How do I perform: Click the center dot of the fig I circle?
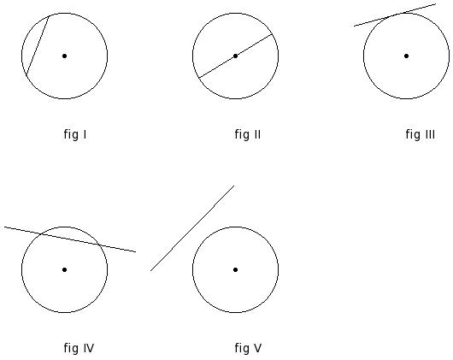tap(64, 56)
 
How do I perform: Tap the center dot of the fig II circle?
tap(235, 56)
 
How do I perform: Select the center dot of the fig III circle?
tap(406, 56)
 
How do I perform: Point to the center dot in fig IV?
tap(64, 270)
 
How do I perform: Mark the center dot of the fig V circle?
tap(235, 270)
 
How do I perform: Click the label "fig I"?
tap(75, 134)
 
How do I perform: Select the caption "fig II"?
tap(248, 134)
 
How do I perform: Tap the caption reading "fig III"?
tap(421, 134)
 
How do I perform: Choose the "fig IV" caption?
tap(79, 348)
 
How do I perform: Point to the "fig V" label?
tap(248, 348)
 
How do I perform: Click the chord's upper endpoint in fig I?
tap(49, 16)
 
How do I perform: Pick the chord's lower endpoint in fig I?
tap(26, 75)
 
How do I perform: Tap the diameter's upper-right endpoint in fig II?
tap(273, 34)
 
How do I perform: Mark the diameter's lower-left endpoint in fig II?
tap(198, 78)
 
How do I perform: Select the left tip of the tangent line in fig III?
tap(354, 26)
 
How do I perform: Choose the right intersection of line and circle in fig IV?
tap(99, 245)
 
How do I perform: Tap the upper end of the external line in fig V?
tap(233, 186)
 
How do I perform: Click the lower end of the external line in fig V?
tap(150, 271)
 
